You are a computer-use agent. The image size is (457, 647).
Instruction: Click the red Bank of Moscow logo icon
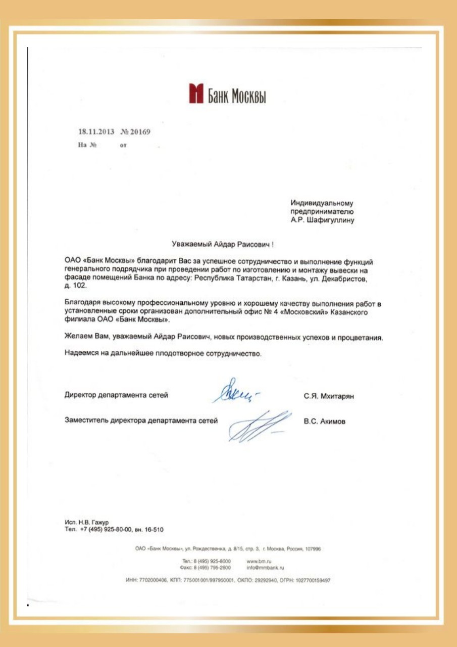point(196,95)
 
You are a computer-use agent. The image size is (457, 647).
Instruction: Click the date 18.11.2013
point(96,132)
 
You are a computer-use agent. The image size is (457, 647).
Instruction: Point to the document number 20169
point(140,132)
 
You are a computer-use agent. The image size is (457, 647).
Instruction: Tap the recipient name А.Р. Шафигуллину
point(322,220)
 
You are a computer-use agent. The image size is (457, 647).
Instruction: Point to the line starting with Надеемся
point(163,354)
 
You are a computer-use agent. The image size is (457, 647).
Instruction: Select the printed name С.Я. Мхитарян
point(329,397)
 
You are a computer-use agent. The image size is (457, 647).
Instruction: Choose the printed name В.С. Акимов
point(325,421)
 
